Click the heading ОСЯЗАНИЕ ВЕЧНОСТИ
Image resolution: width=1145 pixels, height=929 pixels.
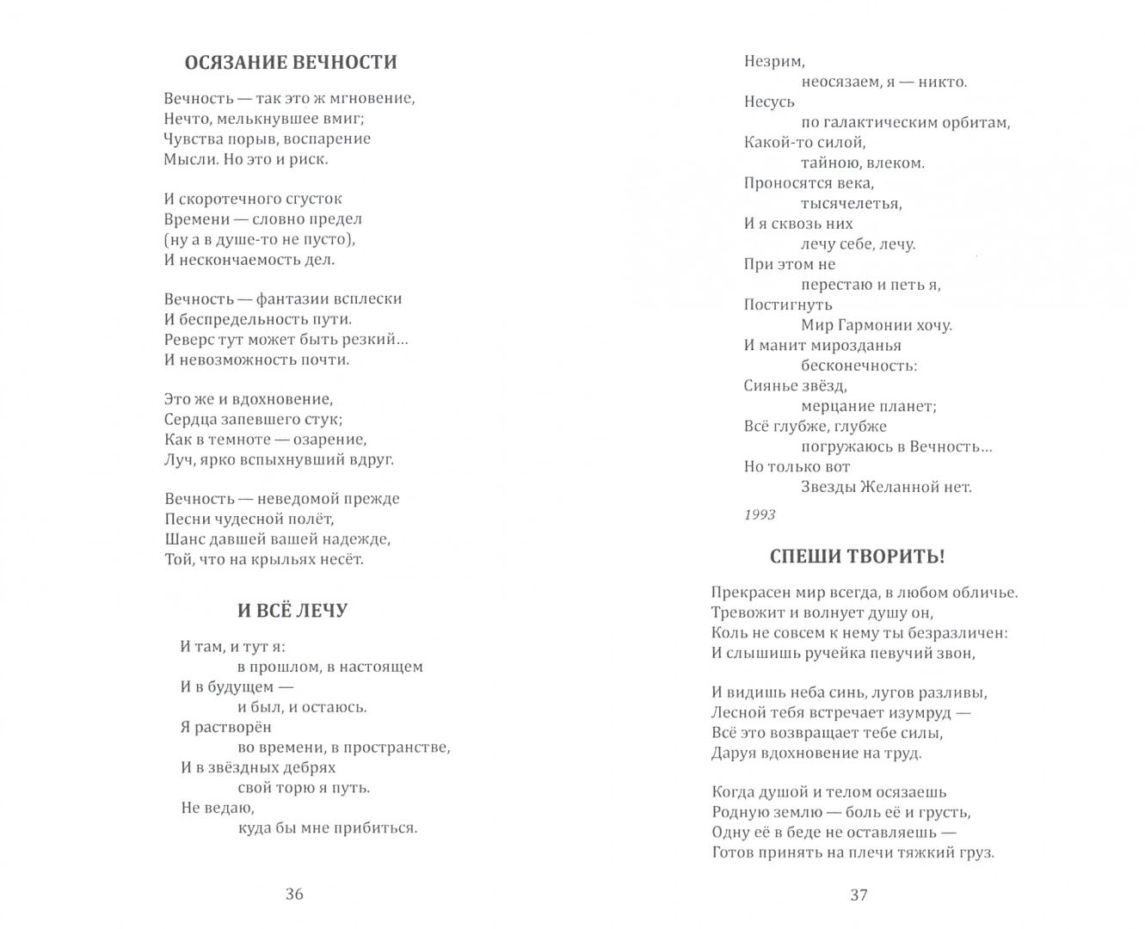pos(291,62)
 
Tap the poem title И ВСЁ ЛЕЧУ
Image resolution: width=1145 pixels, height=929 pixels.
pos(292,611)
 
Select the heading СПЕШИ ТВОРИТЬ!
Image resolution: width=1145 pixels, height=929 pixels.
pos(857,557)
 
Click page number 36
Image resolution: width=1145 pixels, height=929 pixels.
pos(294,895)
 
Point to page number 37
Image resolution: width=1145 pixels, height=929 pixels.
pos(859,895)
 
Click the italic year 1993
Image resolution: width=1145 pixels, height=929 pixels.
pos(760,514)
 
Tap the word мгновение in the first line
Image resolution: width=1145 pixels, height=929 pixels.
pos(372,99)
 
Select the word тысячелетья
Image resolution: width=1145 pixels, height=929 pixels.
pos(851,204)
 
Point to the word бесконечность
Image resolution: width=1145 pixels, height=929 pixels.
pos(859,366)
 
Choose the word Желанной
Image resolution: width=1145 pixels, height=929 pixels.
pos(894,487)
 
